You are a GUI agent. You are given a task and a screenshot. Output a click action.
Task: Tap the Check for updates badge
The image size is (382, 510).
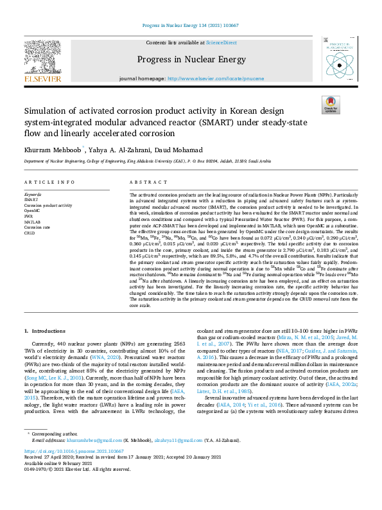(x=330, y=104)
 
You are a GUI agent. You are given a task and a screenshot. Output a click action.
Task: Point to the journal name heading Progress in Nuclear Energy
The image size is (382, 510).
(x=191, y=60)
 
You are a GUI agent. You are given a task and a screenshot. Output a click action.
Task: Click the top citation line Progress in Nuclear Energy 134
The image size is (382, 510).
(x=190, y=26)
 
